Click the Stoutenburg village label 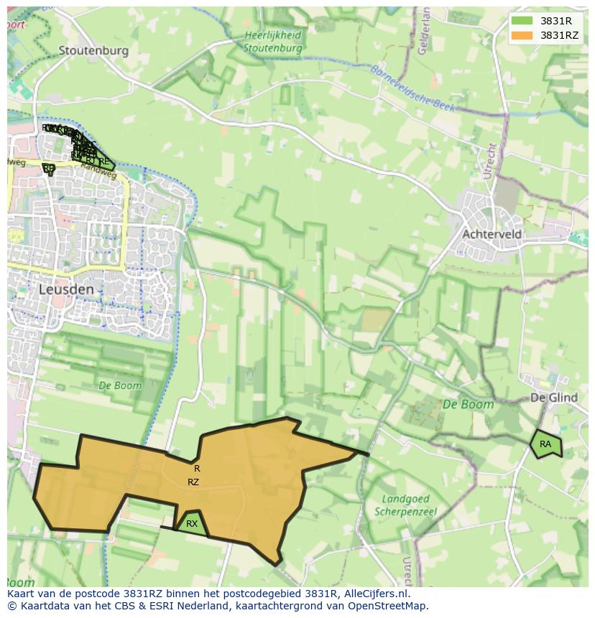pos(93,50)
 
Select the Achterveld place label pos(492,235)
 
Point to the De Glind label pos(554,398)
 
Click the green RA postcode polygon pos(546,444)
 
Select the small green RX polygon pos(192,524)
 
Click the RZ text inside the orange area pos(193,482)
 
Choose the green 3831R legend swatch pos(522,21)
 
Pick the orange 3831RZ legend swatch pos(522,35)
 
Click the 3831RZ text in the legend pos(560,35)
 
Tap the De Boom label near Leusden pos(120,385)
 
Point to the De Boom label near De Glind pos(468,404)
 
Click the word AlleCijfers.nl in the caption pos(376,594)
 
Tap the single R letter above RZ pos(197,469)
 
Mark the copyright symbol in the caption pos(11,606)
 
